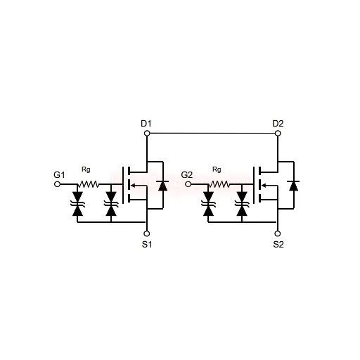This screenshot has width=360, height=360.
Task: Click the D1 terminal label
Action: coord(146,124)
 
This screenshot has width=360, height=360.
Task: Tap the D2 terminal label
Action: coord(278,124)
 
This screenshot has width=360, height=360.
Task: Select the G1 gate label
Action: coord(59,175)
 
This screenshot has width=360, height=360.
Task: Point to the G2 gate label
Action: coord(187,175)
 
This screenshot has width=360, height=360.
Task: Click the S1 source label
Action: coord(147,245)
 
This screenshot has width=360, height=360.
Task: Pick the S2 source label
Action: coord(278,245)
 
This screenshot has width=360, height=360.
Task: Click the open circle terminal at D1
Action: coord(147,134)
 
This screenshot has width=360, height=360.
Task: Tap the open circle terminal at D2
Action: coord(278,134)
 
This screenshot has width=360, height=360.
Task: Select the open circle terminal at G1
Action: coord(57,184)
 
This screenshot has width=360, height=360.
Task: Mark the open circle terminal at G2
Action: coord(188,184)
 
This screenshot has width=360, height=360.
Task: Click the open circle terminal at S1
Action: coord(147,233)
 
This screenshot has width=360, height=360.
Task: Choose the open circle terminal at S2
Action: coord(278,233)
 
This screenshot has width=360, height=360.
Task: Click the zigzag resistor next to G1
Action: coord(89,184)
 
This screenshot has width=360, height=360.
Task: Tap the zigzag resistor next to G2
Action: coord(219,184)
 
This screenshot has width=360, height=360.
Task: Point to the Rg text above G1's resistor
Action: coord(86,169)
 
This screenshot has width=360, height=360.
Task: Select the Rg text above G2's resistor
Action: coord(217,169)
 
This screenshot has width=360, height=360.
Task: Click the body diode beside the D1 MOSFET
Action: coord(163,186)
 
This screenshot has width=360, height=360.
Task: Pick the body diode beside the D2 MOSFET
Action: coord(294,186)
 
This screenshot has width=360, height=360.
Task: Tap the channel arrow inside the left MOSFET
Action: coord(139,186)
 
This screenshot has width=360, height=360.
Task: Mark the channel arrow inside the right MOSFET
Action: coord(269,186)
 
